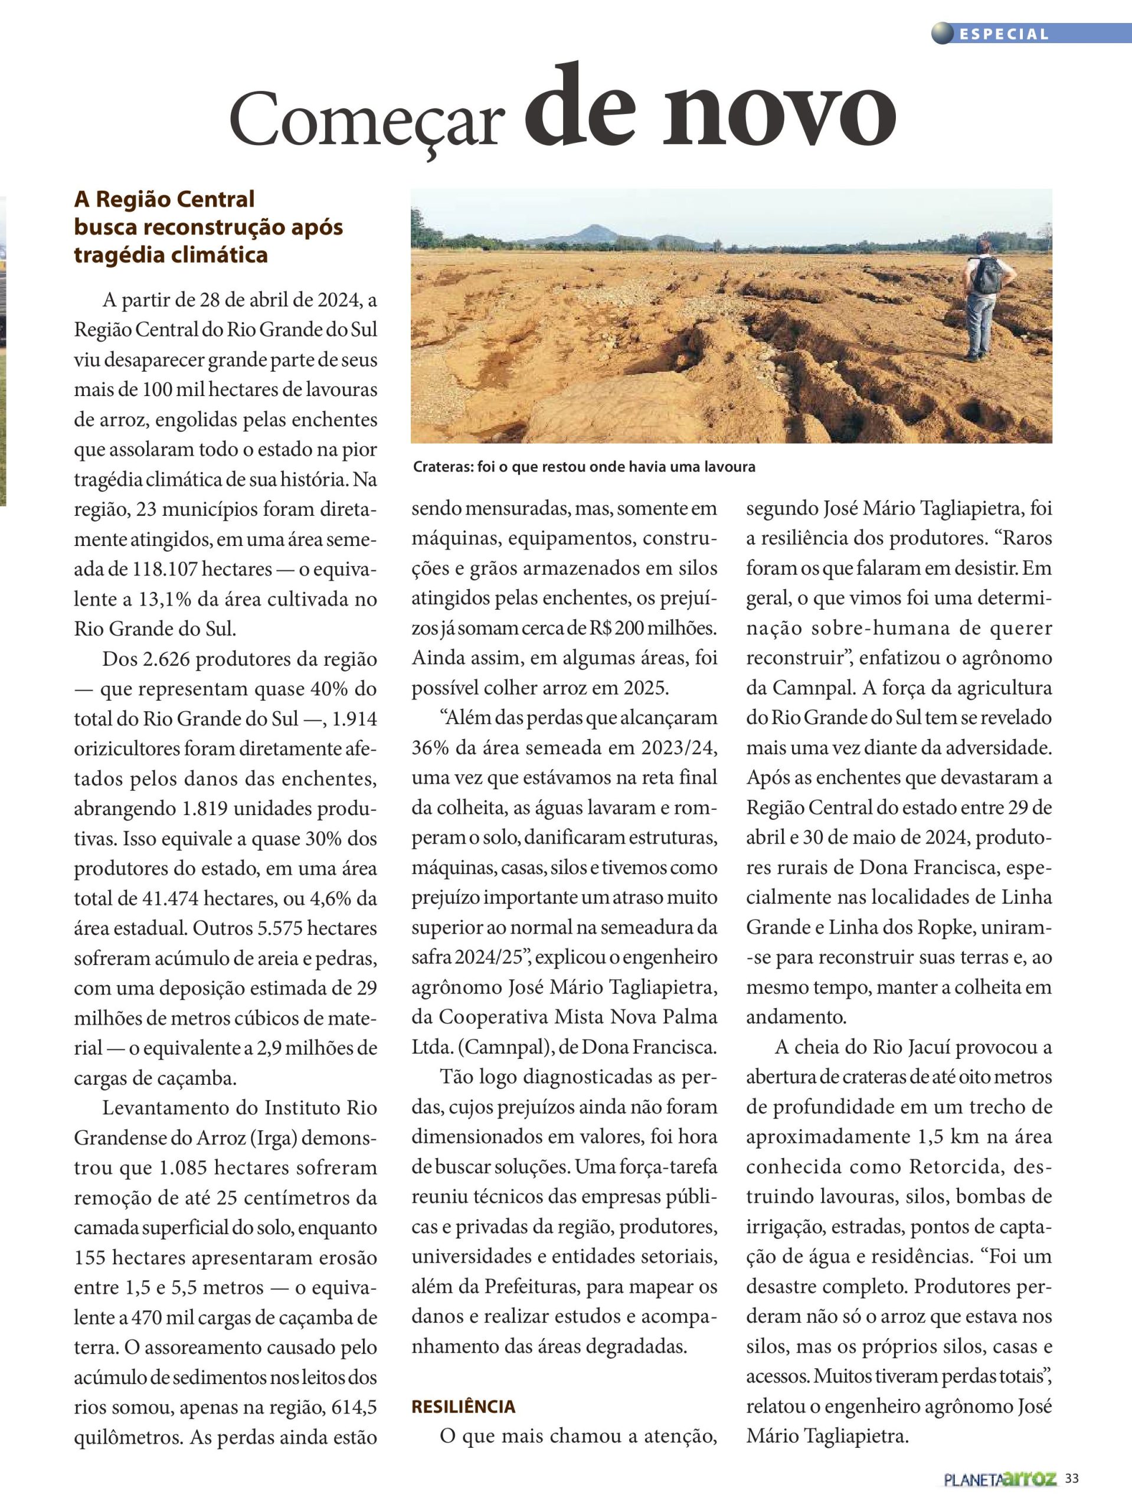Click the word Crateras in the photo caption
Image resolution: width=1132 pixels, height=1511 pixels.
click(x=439, y=467)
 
